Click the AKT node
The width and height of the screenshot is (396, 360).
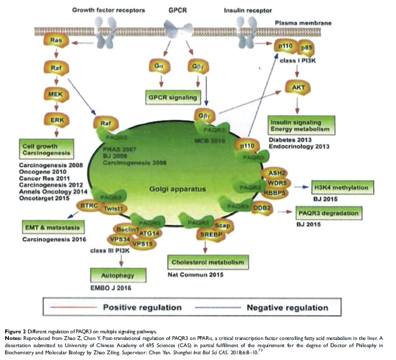pos(298,87)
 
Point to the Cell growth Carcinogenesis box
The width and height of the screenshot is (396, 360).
pos(46,149)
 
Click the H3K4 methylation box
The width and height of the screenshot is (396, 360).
pos(341,188)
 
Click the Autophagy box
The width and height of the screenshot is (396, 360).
pos(117,275)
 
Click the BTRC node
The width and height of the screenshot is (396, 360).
pos(89,205)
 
